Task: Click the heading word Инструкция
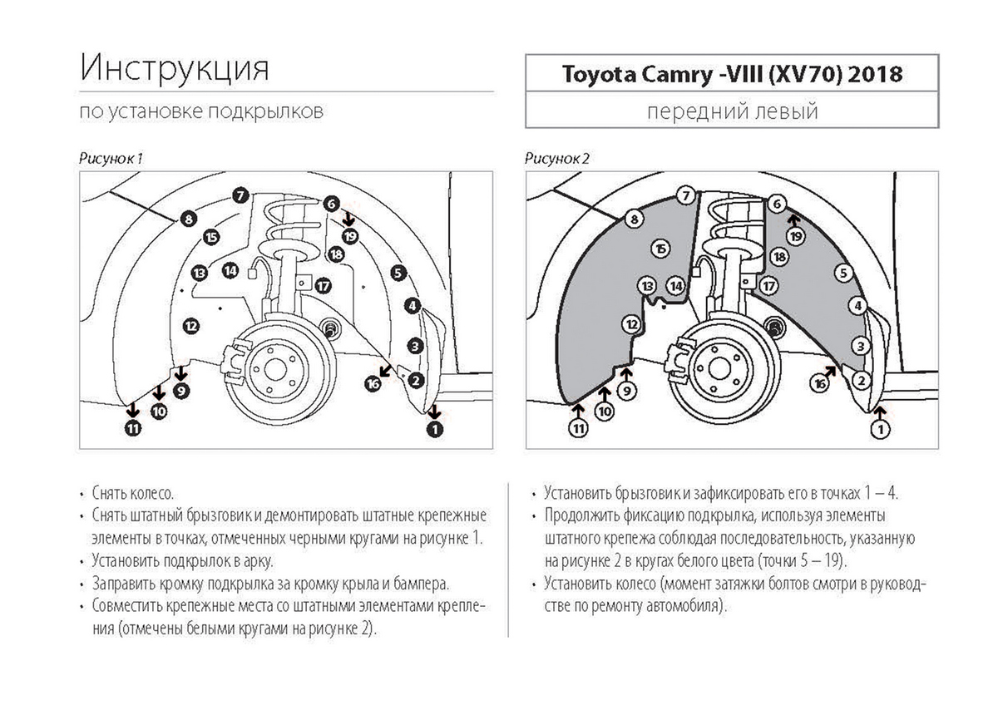[x=175, y=67]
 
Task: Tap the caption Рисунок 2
[x=558, y=157]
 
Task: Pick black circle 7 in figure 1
[x=239, y=196]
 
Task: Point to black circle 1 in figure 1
[x=434, y=428]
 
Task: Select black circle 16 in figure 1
[x=373, y=383]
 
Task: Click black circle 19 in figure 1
[x=349, y=236]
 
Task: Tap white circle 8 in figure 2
[x=635, y=219]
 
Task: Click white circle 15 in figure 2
[x=661, y=248]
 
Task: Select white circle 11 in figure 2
[x=578, y=429]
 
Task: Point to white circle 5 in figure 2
[x=843, y=272]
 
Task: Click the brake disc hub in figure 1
[x=274, y=370]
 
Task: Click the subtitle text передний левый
[x=732, y=111]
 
